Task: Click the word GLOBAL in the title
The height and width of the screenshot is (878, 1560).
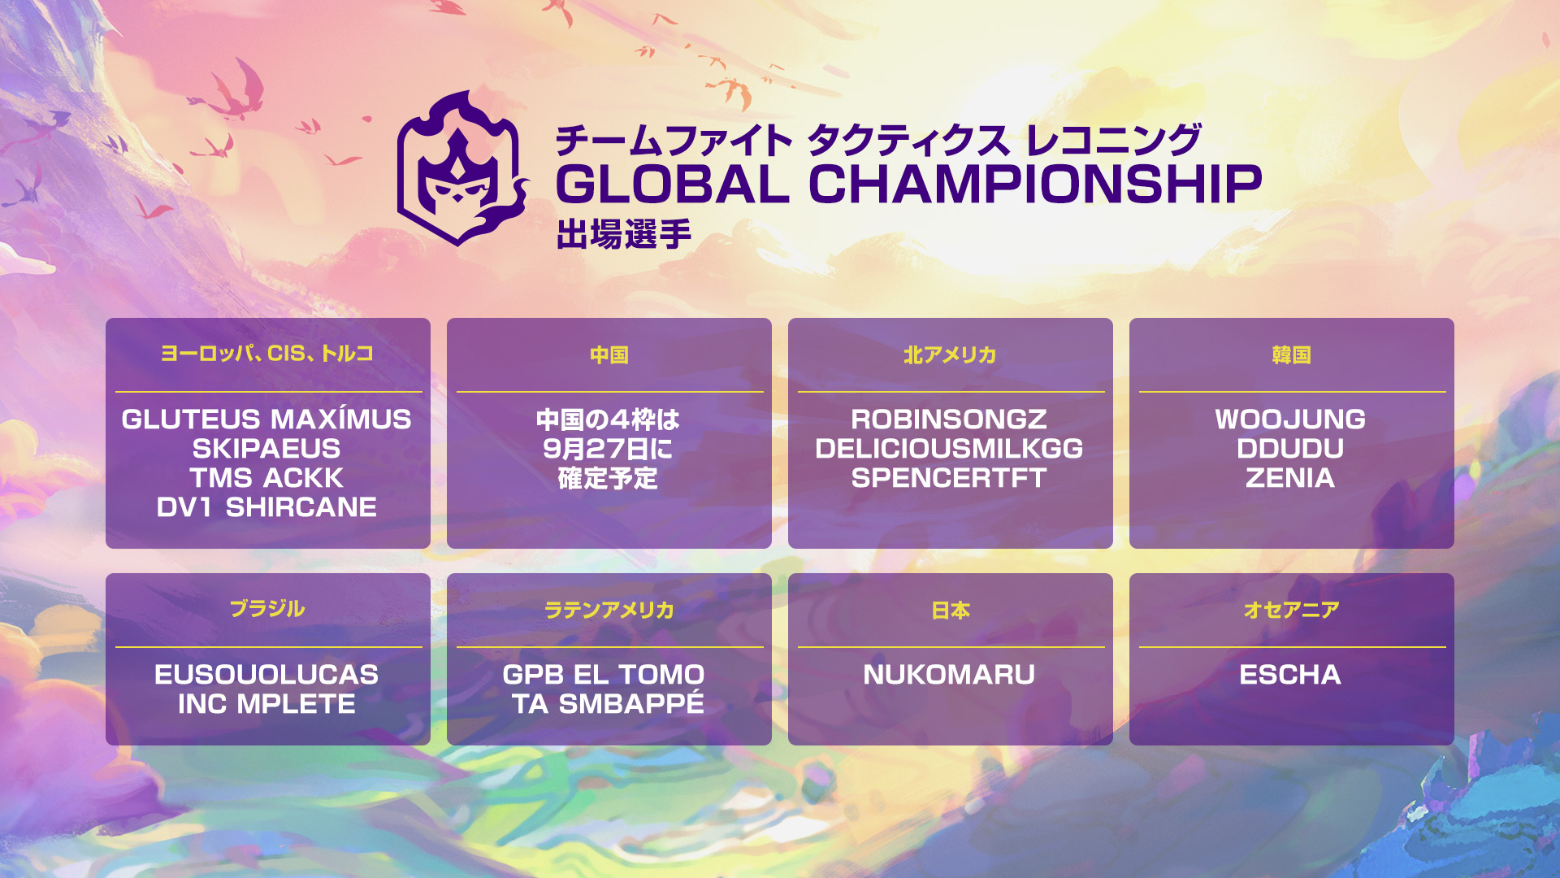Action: [673, 184]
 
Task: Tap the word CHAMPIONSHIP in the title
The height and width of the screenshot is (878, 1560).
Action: [1035, 184]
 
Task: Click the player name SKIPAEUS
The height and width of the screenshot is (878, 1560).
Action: [266, 449]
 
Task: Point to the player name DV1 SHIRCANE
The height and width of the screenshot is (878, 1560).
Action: [266, 507]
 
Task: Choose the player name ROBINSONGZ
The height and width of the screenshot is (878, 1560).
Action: [949, 419]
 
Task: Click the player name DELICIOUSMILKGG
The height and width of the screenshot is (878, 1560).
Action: [949, 449]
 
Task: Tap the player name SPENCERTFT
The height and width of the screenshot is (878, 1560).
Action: [949, 478]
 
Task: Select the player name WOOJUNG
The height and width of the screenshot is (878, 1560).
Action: [1290, 419]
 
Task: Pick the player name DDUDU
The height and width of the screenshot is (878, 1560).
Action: [1290, 449]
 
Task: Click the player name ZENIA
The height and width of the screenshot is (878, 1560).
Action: [1290, 478]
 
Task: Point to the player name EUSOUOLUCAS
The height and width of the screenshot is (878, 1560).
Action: [266, 675]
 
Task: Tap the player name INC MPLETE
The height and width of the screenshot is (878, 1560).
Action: [266, 704]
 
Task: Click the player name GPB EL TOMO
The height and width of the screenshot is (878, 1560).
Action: [604, 675]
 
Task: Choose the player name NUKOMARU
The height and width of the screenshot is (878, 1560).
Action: [949, 675]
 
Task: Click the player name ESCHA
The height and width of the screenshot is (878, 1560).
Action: [1290, 675]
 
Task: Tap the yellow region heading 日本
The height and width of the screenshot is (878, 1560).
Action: [951, 611]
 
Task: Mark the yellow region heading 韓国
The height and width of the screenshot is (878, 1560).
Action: [1292, 355]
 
